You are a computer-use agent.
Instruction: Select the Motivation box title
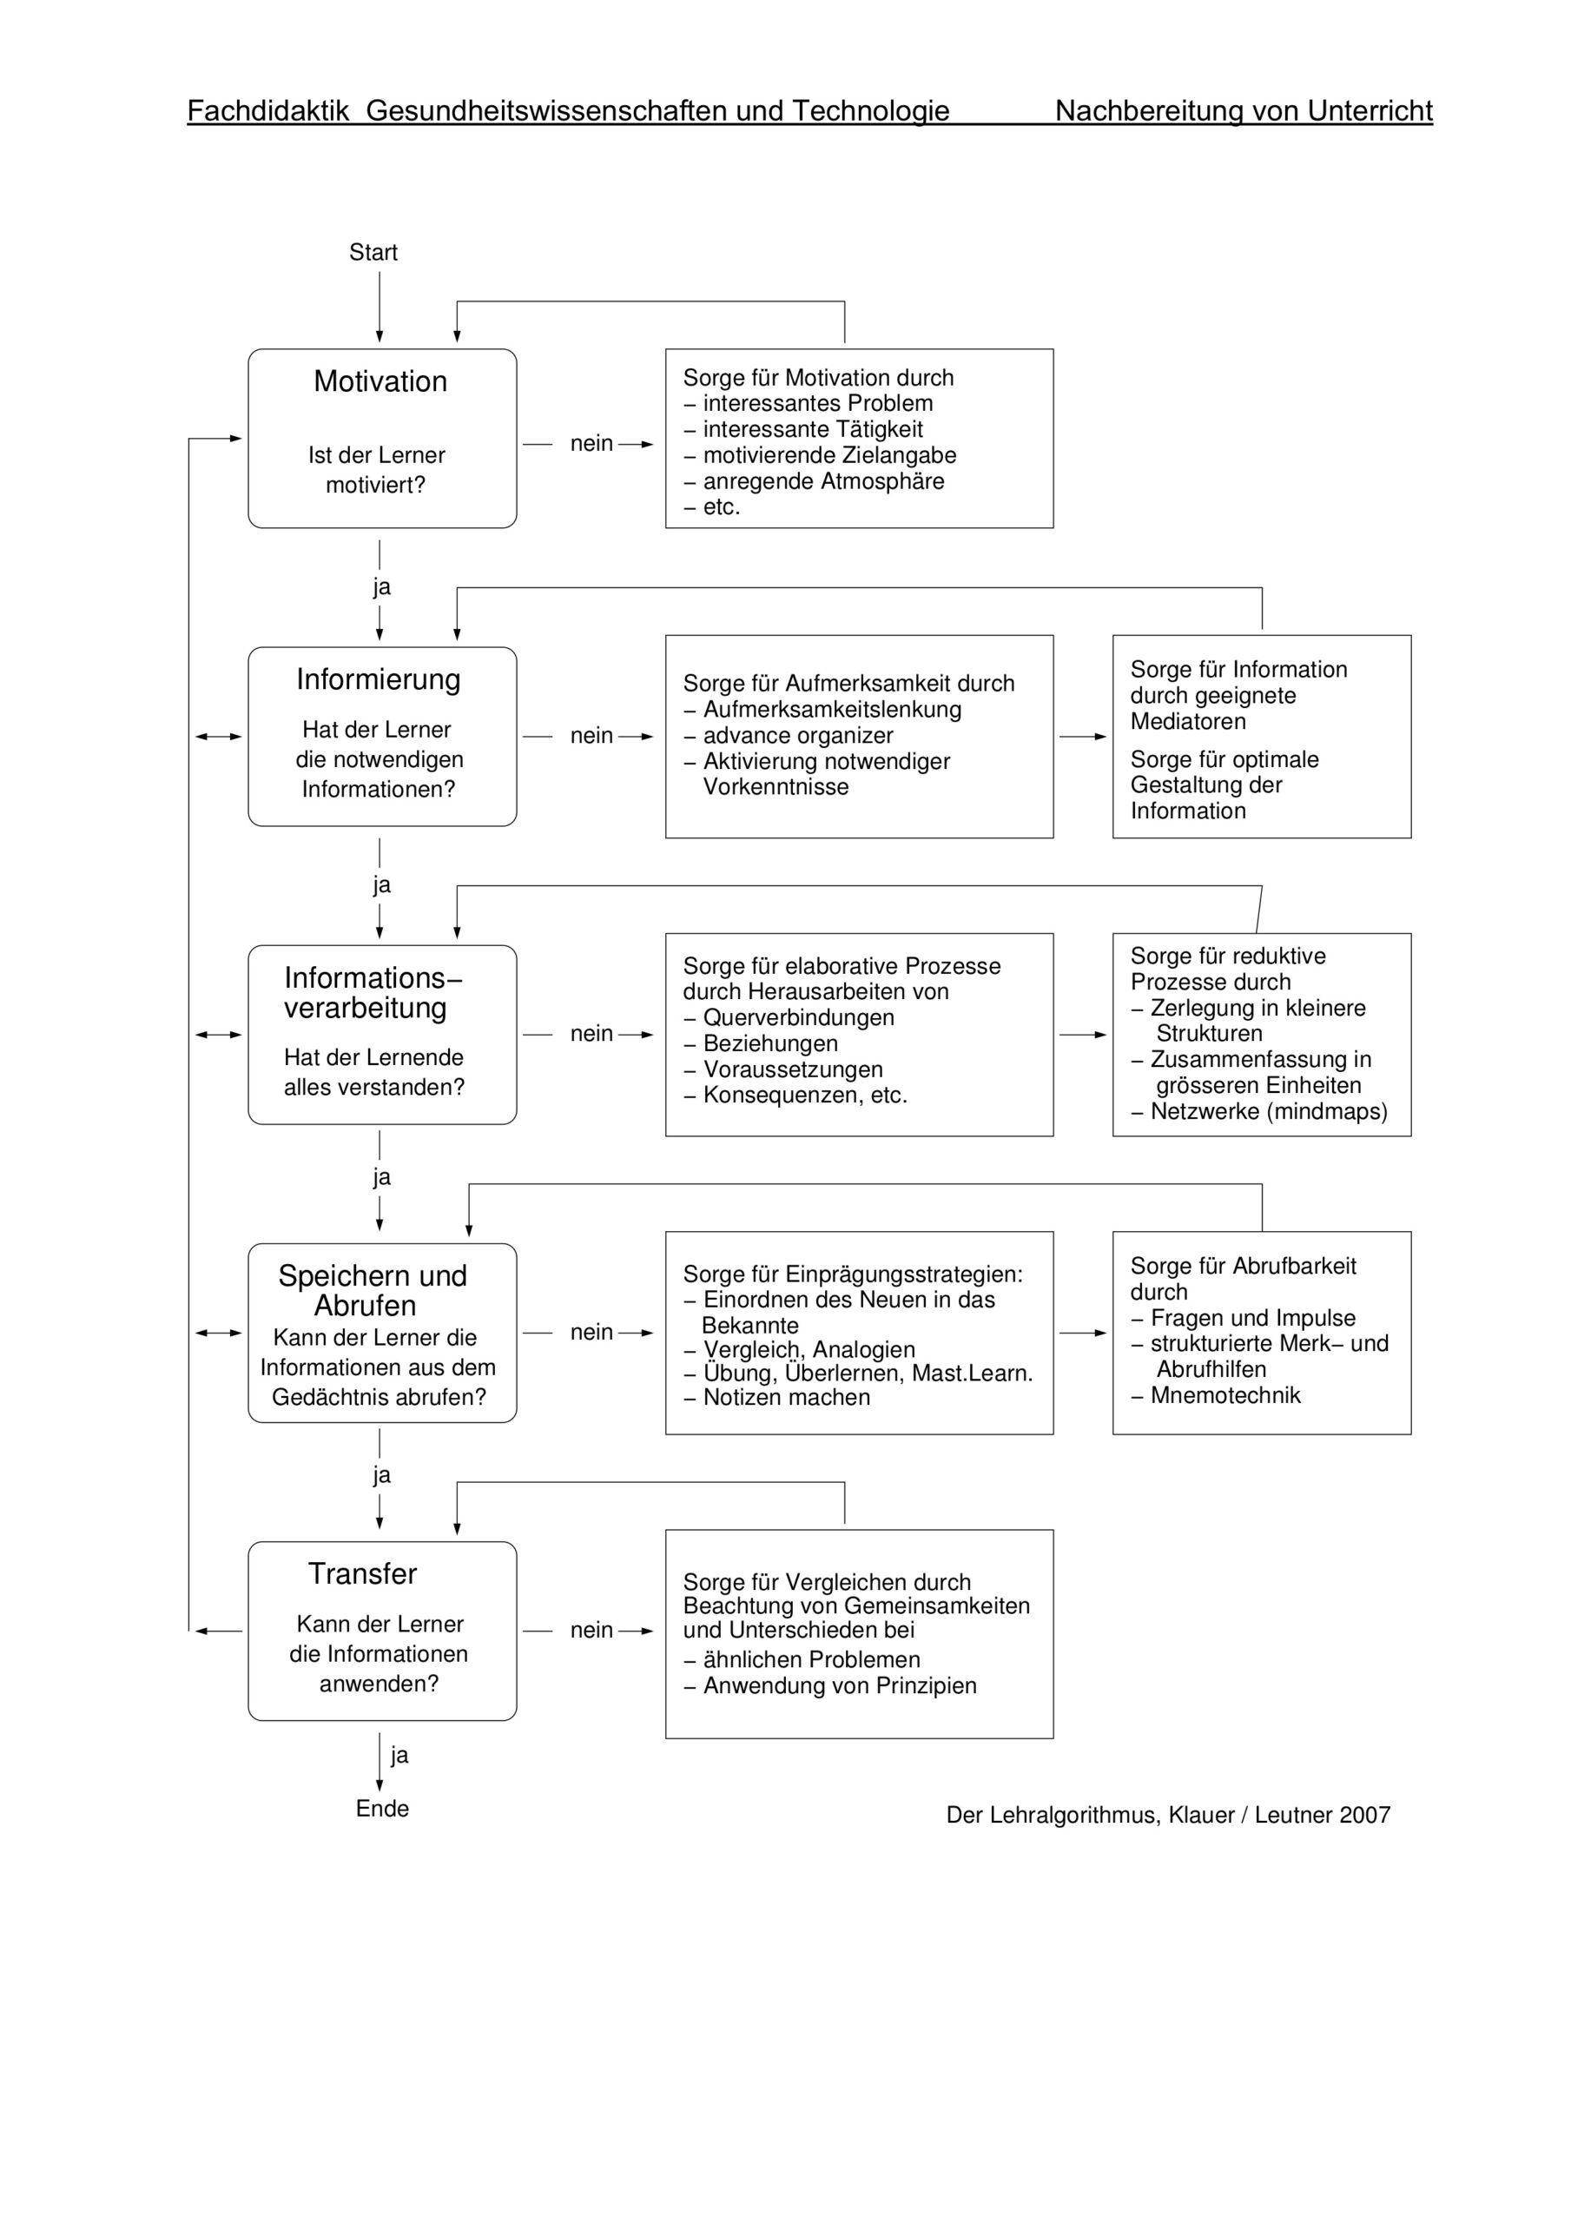380,381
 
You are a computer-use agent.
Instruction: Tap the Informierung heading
379,679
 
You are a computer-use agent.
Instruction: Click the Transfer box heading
362,1574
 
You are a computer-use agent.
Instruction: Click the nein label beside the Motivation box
591,444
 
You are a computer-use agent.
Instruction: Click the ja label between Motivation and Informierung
381,587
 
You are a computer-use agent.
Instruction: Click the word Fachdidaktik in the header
267,110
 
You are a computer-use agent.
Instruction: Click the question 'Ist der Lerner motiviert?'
376,470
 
